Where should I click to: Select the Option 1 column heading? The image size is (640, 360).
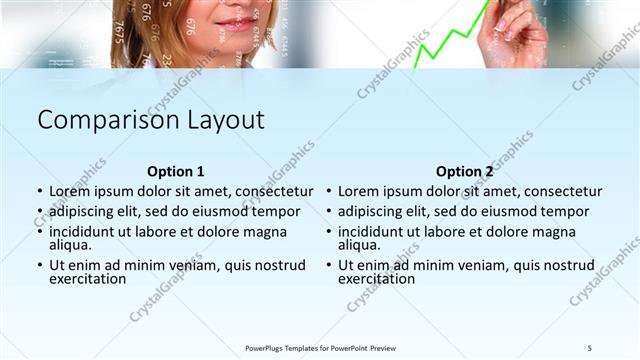[x=175, y=171]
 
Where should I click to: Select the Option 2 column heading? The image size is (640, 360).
[x=465, y=171]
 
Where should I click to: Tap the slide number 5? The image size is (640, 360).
[x=590, y=348]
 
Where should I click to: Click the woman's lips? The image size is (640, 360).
[x=237, y=22]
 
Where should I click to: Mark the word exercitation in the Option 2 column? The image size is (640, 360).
[x=376, y=279]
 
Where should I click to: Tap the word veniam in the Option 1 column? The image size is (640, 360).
[x=186, y=265]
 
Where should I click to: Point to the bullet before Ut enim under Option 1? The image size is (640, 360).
[x=39, y=265]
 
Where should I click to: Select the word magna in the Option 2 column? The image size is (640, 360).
[x=554, y=231]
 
